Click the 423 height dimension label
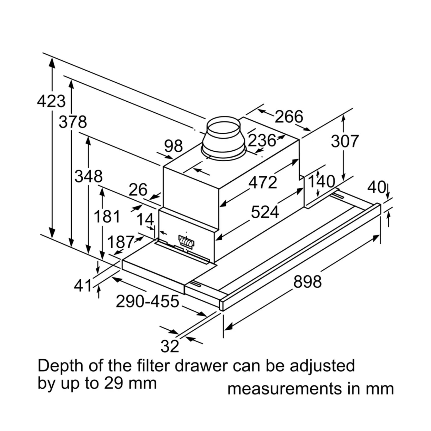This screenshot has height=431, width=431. pos(51,101)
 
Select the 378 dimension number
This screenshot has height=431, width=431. pos(73,122)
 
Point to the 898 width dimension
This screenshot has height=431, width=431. pos(307,282)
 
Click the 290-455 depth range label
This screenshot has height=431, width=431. pos(147,301)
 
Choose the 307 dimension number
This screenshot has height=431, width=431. pos(345,141)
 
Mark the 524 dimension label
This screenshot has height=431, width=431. pos(265,212)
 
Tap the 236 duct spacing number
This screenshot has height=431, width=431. pos(262,140)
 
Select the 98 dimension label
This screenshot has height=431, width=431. pos(173,146)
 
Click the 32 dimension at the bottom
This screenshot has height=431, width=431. pos(170,346)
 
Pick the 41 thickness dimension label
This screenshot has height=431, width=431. pos(83,286)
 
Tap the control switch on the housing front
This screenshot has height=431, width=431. pos(187,241)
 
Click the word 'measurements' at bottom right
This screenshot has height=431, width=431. pos(285,389)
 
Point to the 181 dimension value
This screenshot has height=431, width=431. pos(107,216)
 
